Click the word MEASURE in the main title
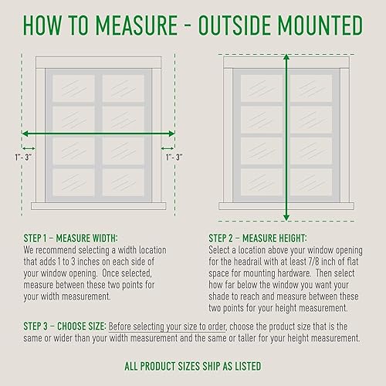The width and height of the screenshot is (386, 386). pyautogui.click(x=137, y=25)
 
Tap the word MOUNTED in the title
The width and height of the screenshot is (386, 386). pyautogui.click(x=320, y=25)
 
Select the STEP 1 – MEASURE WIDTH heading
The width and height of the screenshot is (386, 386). pyautogui.click(x=70, y=239)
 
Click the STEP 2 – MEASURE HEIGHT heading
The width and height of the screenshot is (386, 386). pyautogui.click(x=258, y=239)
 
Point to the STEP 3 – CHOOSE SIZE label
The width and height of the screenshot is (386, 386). pyautogui.click(x=65, y=327)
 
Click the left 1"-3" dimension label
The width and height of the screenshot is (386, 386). pyautogui.click(x=23, y=157)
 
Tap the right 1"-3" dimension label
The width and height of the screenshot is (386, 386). pyautogui.click(x=174, y=157)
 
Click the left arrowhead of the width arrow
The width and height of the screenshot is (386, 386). pyautogui.click(x=25, y=134)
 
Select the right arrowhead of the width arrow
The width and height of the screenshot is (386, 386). pyautogui.click(x=171, y=134)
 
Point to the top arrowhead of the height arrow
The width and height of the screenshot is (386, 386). pyautogui.click(x=286, y=57)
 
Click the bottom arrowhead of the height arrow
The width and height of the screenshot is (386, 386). pyautogui.click(x=286, y=218)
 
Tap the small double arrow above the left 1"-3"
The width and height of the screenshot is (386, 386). pyautogui.click(x=29, y=148)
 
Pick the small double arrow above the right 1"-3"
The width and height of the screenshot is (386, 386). pyautogui.click(x=168, y=148)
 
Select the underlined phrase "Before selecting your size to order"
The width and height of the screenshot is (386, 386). pyautogui.click(x=168, y=327)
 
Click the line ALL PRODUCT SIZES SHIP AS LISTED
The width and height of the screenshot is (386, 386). pyautogui.click(x=193, y=366)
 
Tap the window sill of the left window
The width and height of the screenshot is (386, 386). pyautogui.click(x=99, y=206)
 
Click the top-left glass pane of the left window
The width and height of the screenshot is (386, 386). pyautogui.click(x=73, y=88)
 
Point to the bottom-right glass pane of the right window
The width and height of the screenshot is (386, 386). pyautogui.click(x=311, y=182)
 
